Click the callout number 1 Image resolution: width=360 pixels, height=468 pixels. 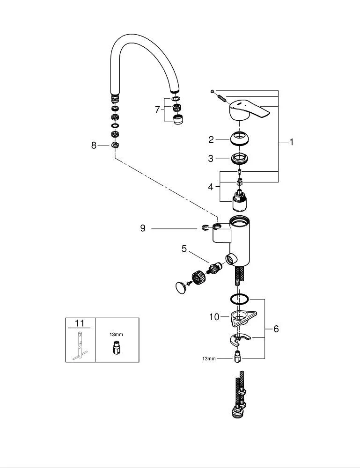[x=291, y=142]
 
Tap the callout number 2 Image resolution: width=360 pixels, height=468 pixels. [x=211, y=139]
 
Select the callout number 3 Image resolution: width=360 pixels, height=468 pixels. [x=211, y=159]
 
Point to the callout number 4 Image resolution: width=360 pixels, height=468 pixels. [x=211, y=187]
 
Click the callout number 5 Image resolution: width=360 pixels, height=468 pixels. [x=184, y=249]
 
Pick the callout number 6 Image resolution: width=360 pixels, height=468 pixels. [x=276, y=329]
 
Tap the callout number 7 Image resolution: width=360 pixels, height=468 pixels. [x=157, y=110]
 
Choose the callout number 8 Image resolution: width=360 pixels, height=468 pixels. [x=94, y=146]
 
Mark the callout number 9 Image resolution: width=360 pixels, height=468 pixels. [x=142, y=228]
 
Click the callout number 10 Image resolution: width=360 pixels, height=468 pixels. [x=214, y=317]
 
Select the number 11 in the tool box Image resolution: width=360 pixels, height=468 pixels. [x=80, y=323]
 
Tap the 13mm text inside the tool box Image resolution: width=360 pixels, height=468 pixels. [x=117, y=335]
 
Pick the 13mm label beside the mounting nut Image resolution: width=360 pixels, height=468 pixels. [x=209, y=358]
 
